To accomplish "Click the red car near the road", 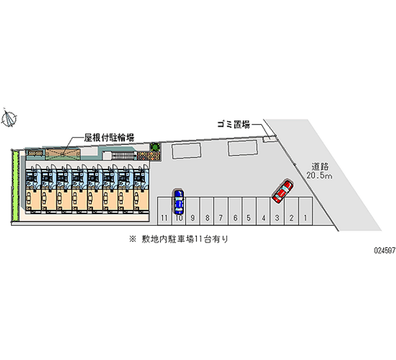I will pyautogui.click(x=283, y=191).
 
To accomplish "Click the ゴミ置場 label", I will pyautogui.click(x=233, y=125).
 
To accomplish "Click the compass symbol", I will pyautogui.click(x=9, y=118).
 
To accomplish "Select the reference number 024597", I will pyautogui.click(x=384, y=251).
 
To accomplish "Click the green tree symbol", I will pyautogui.click(x=155, y=147).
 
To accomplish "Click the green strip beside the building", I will pyautogui.click(x=15, y=186).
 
